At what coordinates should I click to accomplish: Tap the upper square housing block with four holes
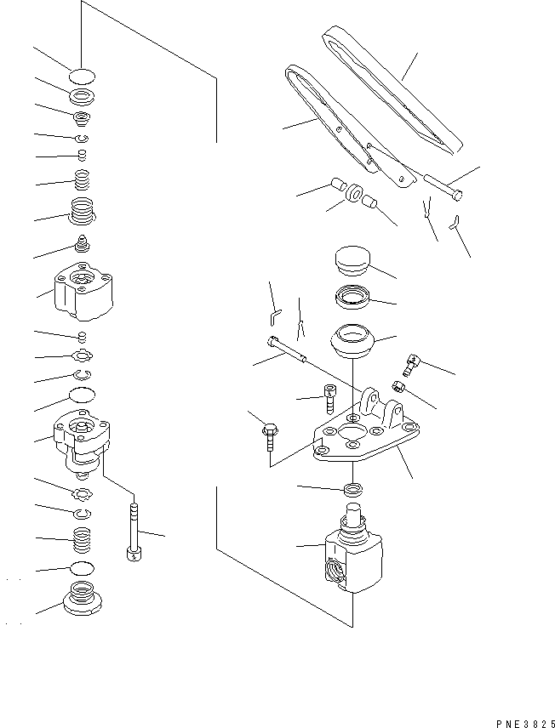82,290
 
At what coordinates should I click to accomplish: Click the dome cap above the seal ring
349,259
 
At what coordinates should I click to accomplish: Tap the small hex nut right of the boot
398,388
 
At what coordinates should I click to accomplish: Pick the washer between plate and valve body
352,490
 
